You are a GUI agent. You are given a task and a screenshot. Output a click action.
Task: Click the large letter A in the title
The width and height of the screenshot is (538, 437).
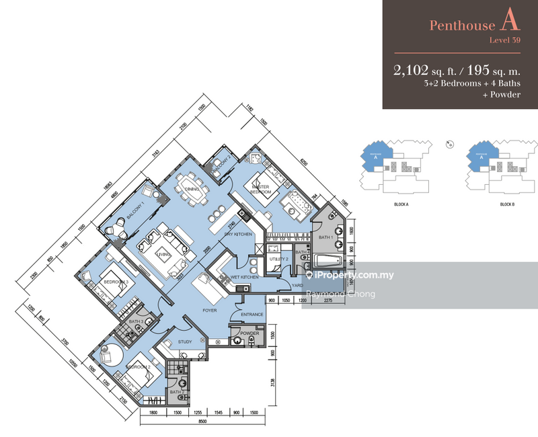(510, 24)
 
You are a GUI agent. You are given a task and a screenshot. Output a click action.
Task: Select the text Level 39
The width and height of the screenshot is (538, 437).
(506, 41)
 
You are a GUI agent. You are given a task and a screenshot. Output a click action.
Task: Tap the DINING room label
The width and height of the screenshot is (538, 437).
(191, 190)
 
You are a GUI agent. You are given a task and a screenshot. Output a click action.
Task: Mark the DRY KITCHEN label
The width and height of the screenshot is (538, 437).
(238, 233)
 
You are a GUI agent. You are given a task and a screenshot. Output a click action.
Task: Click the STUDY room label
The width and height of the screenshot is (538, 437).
(185, 342)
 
